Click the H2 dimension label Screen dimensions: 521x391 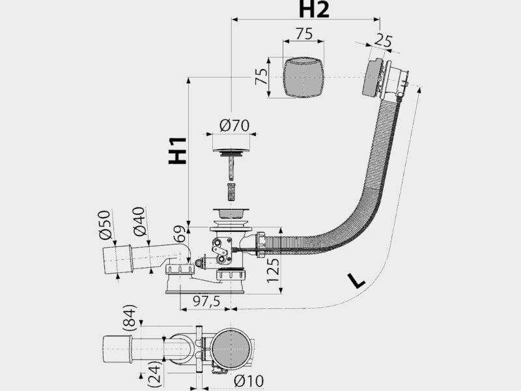pyautogui.click(x=314, y=9)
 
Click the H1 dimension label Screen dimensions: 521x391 pyautogui.click(x=177, y=151)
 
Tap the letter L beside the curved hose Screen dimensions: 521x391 pyautogui.click(x=356, y=281)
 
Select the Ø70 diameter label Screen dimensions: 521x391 pyautogui.click(x=234, y=126)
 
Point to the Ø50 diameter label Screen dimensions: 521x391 pyautogui.click(x=105, y=225)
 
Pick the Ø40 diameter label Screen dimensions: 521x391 pyautogui.click(x=139, y=221)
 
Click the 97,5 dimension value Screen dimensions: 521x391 pyautogui.click(x=206, y=301)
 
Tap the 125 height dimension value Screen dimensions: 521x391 pyautogui.click(x=273, y=270)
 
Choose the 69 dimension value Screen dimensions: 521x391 pyautogui.click(x=180, y=235)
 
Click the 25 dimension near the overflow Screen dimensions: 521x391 pyautogui.click(x=384, y=40)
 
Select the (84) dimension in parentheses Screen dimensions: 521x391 pyautogui.click(x=129, y=317)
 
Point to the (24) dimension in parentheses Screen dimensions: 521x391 pyautogui.click(x=154, y=371)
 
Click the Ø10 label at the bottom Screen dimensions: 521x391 pyautogui.click(x=249, y=381)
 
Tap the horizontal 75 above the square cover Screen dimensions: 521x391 pyautogui.click(x=304, y=34)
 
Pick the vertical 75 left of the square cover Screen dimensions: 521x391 pyautogui.click(x=262, y=77)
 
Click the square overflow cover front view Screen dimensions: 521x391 pyautogui.click(x=303, y=77)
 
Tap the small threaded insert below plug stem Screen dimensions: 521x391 pyautogui.click(x=231, y=191)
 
